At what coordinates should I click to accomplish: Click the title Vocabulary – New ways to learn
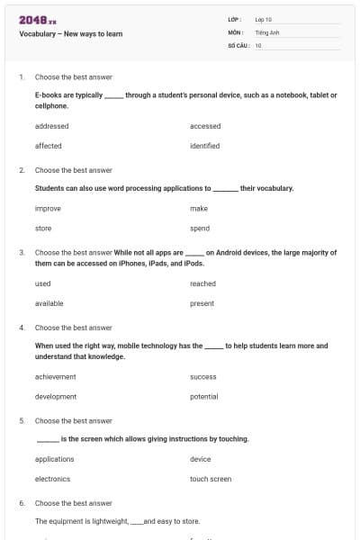click(x=70, y=34)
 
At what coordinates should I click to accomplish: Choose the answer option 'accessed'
click(x=205, y=126)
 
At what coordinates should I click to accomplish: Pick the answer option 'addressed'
click(x=51, y=126)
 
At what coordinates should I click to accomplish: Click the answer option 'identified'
click(x=205, y=146)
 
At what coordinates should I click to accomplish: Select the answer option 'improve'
click(x=48, y=209)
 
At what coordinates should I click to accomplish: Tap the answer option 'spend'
click(x=200, y=229)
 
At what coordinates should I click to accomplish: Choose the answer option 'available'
click(x=49, y=303)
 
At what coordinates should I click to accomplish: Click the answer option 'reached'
click(x=202, y=283)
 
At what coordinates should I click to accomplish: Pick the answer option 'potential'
click(x=204, y=397)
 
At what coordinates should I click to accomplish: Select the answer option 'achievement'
click(x=55, y=377)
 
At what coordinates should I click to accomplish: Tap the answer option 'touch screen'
click(x=211, y=479)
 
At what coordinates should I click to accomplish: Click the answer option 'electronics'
click(x=52, y=479)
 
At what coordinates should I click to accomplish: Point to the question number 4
click(x=22, y=328)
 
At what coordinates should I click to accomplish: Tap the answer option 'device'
click(x=201, y=459)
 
